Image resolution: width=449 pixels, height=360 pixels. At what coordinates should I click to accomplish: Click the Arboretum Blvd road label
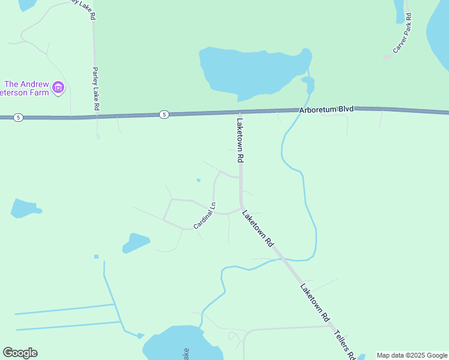pos(327,110)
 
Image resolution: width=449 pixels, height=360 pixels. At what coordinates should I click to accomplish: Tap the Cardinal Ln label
pos(204,217)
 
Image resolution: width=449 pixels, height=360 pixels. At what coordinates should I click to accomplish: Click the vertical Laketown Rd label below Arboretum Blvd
pos(240,140)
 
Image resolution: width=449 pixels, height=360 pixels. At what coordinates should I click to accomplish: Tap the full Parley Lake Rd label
pos(95,88)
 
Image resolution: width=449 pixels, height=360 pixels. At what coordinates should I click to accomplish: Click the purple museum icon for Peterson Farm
pos(58,88)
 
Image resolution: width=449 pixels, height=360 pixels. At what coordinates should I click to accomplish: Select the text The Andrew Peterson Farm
pos(26,88)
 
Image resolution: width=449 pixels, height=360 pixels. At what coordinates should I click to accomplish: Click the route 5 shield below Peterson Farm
pos(19,118)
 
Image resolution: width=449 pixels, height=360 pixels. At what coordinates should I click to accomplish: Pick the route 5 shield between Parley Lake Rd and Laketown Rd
pos(164,114)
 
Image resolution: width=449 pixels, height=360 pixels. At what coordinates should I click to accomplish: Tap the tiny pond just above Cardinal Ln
pos(198,179)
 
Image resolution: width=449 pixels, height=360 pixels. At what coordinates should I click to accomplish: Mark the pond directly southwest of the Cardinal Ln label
pos(136,243)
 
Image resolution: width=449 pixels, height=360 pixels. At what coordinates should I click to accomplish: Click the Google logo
pos(20,353)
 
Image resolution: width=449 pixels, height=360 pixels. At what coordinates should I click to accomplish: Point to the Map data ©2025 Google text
pos(412,355)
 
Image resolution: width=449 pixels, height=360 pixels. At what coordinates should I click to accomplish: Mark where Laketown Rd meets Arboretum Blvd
pos(240,112)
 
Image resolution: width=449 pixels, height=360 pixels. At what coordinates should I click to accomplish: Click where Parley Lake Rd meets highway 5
pos(95,116)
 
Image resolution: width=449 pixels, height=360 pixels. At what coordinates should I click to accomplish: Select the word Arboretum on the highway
pos(317,110)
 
